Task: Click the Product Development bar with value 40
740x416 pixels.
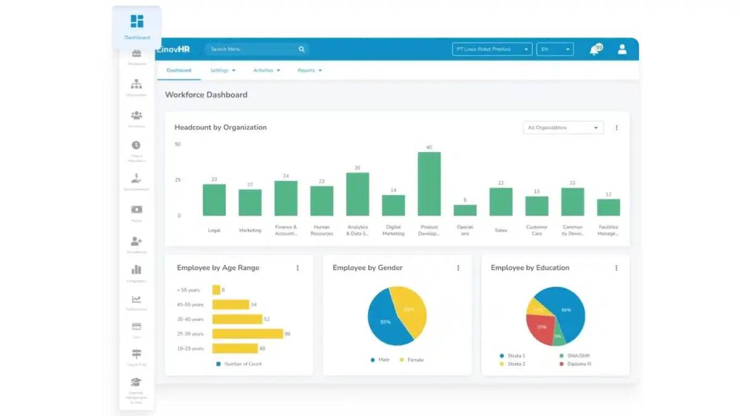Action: coord(429,184)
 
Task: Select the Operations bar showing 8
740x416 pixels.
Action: coord(465,210)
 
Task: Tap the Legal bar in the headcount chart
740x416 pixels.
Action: coord(214,200)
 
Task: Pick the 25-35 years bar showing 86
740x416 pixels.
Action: coord(247,333)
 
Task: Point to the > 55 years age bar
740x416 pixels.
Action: coord(216,290)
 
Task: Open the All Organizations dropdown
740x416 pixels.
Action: coord(562,128)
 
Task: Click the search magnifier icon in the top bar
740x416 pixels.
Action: coord(302,49)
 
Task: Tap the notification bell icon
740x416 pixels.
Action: coord(594,50)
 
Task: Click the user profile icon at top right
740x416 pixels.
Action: coord(622,49)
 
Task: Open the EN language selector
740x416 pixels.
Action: coord(554,49)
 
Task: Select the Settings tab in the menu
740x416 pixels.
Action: coord(223,70)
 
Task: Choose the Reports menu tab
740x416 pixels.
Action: coord(310,70)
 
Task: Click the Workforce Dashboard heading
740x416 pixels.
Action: coord(206,95)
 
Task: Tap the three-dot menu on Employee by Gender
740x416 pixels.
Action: coord(458,268)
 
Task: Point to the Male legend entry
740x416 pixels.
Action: coord(380,359)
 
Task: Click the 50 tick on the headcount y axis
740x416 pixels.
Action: coord(178,144)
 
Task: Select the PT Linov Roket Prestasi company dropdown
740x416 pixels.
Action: coord(492,49)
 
